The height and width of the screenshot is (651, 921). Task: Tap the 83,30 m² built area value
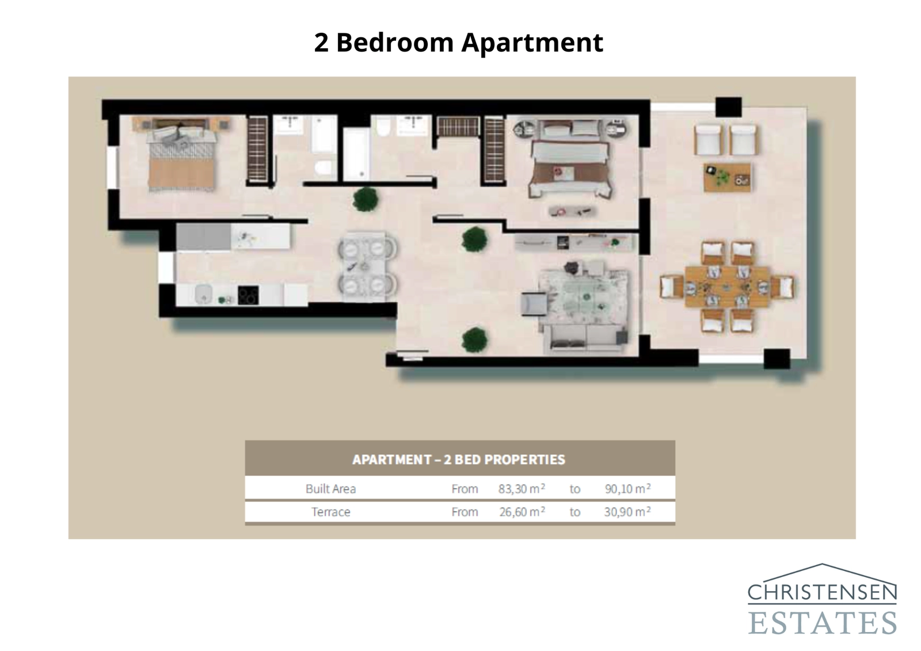pyautogui.click(x=522, y=489)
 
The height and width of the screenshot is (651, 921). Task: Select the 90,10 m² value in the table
pyautogui.click(x=627, y=489)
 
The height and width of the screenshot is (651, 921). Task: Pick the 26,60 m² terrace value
pyautogui.click(x=522, y=512)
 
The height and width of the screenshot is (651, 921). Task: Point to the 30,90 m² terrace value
pyautogui.click(x=627, y=512)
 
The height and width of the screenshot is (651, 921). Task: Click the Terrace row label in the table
pyautogui.click(x=331, y=512)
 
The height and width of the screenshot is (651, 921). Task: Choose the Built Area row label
pyautogui.click(x=331, y=489)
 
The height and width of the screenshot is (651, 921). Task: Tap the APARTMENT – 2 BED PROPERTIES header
pyautogui.click(x=459, y=459)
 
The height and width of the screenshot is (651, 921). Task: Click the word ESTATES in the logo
pyautogui.click(x=823, y=623)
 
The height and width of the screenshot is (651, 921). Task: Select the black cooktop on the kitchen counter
pyautogui.click(x=248, y=295)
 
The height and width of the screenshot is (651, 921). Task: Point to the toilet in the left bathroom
pyautogui.click(x=324, y=167)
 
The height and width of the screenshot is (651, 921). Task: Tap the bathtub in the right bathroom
pyautogui.click(x=357, y=153)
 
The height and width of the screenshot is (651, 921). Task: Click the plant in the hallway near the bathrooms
pyautogui.click(x=366, y=199)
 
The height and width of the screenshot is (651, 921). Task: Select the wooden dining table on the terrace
pyautogui.click(x=727, y=286)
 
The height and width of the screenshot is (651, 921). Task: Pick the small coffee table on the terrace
pyautogui.click(x=727, y=177)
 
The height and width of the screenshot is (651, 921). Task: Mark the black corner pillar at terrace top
pyautogui.click(x=728, y=107)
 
